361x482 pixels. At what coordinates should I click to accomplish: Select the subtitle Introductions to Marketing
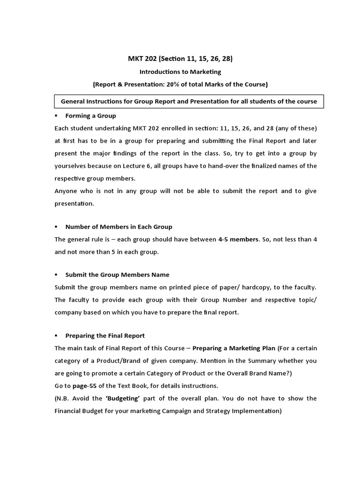point(180,72)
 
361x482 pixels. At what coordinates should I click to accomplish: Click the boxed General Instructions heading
point(189,101)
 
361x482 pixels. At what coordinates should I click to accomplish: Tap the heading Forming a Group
point(90,115)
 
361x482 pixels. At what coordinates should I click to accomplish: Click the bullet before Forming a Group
point(56,115)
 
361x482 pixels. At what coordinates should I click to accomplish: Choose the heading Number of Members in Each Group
point(118,226)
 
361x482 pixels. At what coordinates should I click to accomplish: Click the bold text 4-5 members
point(238,239)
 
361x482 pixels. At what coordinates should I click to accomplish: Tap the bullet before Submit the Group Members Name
point(56,274)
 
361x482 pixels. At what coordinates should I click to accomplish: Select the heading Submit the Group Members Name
point(117,274)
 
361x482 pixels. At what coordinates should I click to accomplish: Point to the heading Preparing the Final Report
point(105,336)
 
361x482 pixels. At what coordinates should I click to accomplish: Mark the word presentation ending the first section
point(74,203)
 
